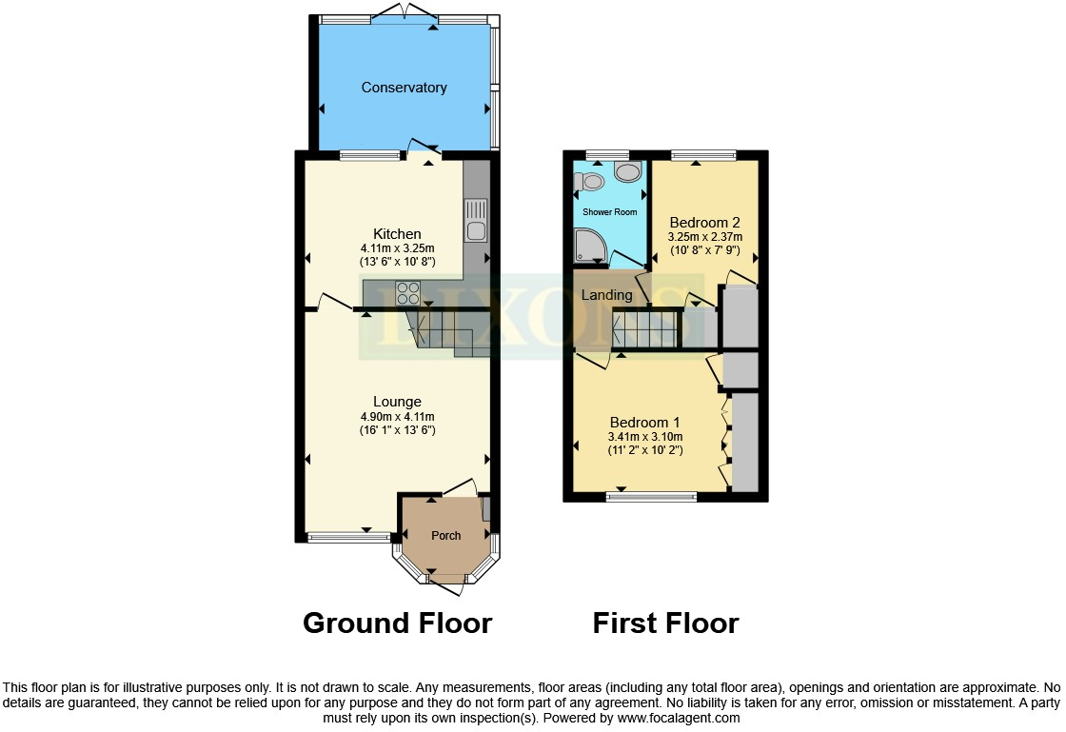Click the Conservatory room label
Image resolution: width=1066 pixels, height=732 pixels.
pos(404,88)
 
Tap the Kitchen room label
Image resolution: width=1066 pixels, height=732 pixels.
pos(397,233)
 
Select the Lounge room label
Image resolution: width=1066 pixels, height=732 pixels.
pos(397,402)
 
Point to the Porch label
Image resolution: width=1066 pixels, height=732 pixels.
pos(446,536)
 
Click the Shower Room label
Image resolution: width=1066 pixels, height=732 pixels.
pos(610,212)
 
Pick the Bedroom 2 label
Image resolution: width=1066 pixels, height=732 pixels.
pos(705,222)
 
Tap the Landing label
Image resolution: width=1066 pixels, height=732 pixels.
pos(606,295)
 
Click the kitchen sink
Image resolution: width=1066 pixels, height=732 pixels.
pos(475,219)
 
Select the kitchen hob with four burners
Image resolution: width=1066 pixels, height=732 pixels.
pos(408,291)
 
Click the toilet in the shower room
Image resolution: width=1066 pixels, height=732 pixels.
pos(590,181)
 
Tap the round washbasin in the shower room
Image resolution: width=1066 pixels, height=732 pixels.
pos(628,172)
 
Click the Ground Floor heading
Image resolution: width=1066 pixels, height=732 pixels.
pos(397,623)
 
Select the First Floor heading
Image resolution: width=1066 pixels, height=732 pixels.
pos(665,623)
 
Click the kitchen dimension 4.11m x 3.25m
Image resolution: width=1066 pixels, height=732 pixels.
pos(397,248)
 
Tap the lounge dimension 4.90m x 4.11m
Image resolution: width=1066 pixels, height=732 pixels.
pos(397,417)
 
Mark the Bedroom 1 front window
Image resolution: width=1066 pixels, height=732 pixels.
pos(652,495)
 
